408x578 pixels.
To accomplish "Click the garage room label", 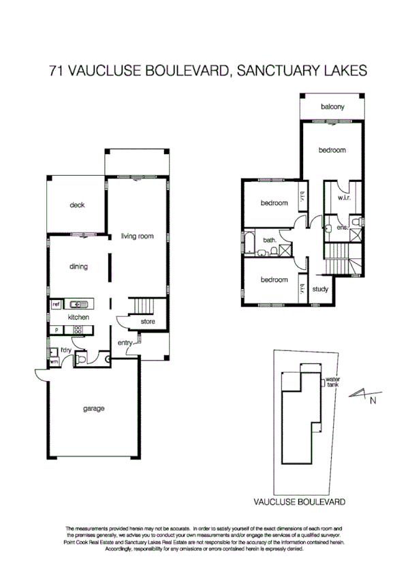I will pos(93,409).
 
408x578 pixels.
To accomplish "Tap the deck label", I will pos(77,205).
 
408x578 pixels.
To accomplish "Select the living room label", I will pos(137,237).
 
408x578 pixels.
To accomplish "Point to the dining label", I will pos(78,267).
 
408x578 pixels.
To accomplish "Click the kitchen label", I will pos(78,317).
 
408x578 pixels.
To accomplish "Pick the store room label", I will pos(148,321).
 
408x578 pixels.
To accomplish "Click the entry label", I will pos(125,343).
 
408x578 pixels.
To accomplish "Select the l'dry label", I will pos(65,350).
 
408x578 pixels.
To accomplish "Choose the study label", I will pos(320,289).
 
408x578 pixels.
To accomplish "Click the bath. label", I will pos(269,240).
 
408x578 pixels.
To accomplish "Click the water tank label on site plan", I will pos(332,382).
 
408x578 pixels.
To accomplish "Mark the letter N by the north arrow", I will pos(373,401).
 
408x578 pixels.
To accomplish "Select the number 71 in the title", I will pos(57,70).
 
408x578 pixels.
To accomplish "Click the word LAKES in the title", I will pos(346,70).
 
